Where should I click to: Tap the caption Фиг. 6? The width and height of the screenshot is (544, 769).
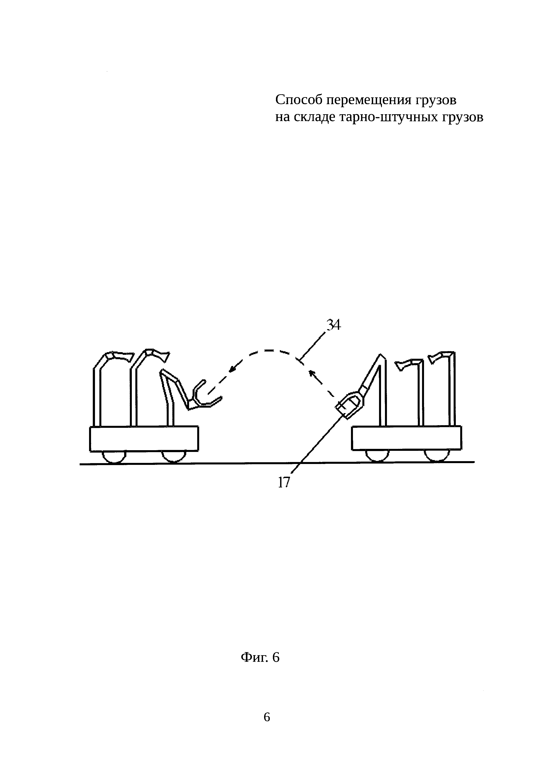coord(260,658)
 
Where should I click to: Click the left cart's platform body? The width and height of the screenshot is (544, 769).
coord(144,439)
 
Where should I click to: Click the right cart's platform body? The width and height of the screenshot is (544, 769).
coord(406,438)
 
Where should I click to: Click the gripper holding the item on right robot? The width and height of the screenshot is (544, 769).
coord(350,405)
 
